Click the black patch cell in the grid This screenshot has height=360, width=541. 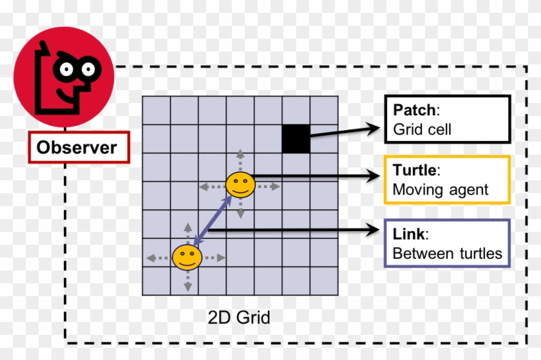click(x=296, y=139)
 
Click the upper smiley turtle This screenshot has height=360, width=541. click(x=240, y=185)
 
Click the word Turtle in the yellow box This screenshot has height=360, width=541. click(x=415, y=171)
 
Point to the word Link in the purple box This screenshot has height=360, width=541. click(x=409, y=234)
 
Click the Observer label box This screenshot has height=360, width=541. click(x=77, y=147)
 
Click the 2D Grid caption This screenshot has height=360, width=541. click(x=239, y=317)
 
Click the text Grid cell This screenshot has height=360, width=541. click(x=422, y=129)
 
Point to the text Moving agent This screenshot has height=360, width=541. click(x=440, y=190)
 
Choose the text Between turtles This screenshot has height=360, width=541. click(x=447, y=253)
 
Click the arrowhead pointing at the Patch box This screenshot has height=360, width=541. click(x=374, y=128)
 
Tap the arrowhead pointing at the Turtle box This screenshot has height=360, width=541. click(x=374, y=174)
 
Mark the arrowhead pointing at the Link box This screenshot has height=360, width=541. click(x=374, y=229)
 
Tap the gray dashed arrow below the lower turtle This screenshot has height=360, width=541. click(x=187, y=283)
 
